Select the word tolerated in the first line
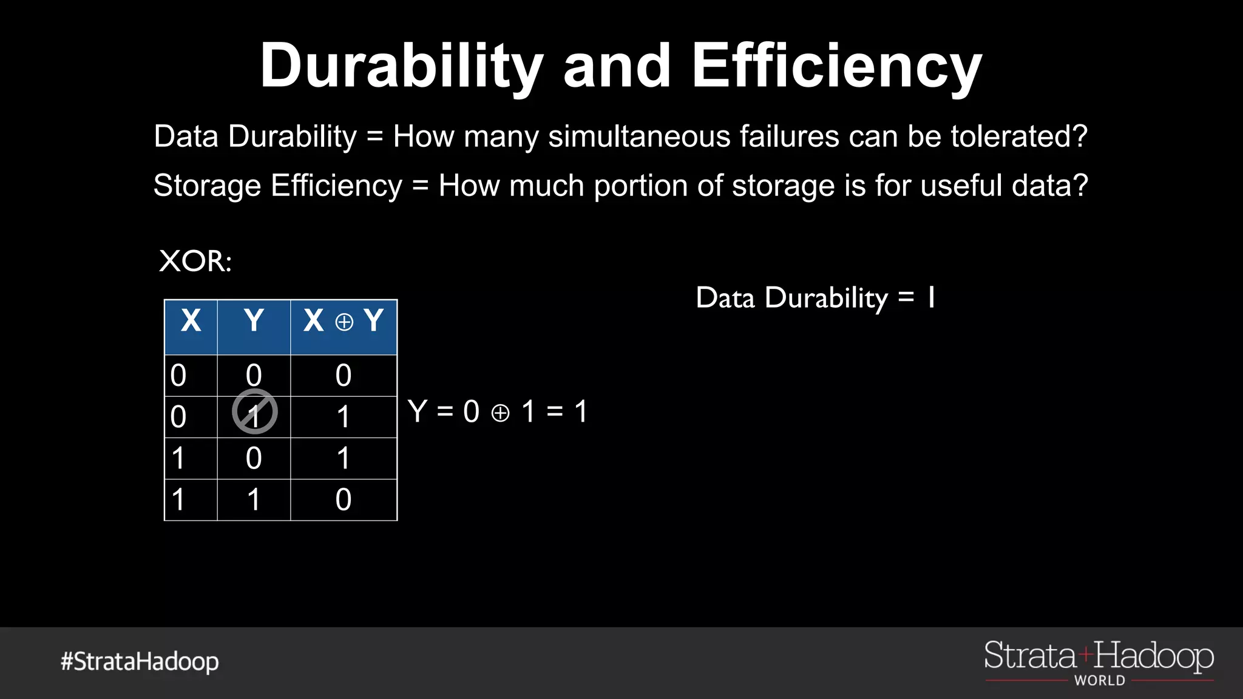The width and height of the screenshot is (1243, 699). pos(1018,136)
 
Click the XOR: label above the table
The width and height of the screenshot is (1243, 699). pos(195,262)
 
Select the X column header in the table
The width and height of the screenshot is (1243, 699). pos(191,321)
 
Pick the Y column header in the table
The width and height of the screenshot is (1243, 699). pos(254,321)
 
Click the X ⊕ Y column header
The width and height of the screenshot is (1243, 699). pos(344,321)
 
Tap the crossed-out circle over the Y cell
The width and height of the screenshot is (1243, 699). pos(255,413)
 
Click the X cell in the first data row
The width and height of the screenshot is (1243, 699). pos(178,376)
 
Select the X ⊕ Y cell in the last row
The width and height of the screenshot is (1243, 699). pos(344,500)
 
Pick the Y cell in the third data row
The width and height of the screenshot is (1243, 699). pos(254,458)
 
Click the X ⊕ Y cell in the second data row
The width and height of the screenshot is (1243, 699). pos(344,417)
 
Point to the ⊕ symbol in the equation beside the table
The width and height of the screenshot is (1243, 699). pos(500,414)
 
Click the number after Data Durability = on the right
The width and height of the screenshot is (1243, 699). pos(931,298)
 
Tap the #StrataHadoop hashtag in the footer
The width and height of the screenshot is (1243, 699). pos(140,661)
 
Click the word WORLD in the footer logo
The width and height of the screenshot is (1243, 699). pos(1100,681)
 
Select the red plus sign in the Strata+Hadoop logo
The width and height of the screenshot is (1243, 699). pos(1086,655)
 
